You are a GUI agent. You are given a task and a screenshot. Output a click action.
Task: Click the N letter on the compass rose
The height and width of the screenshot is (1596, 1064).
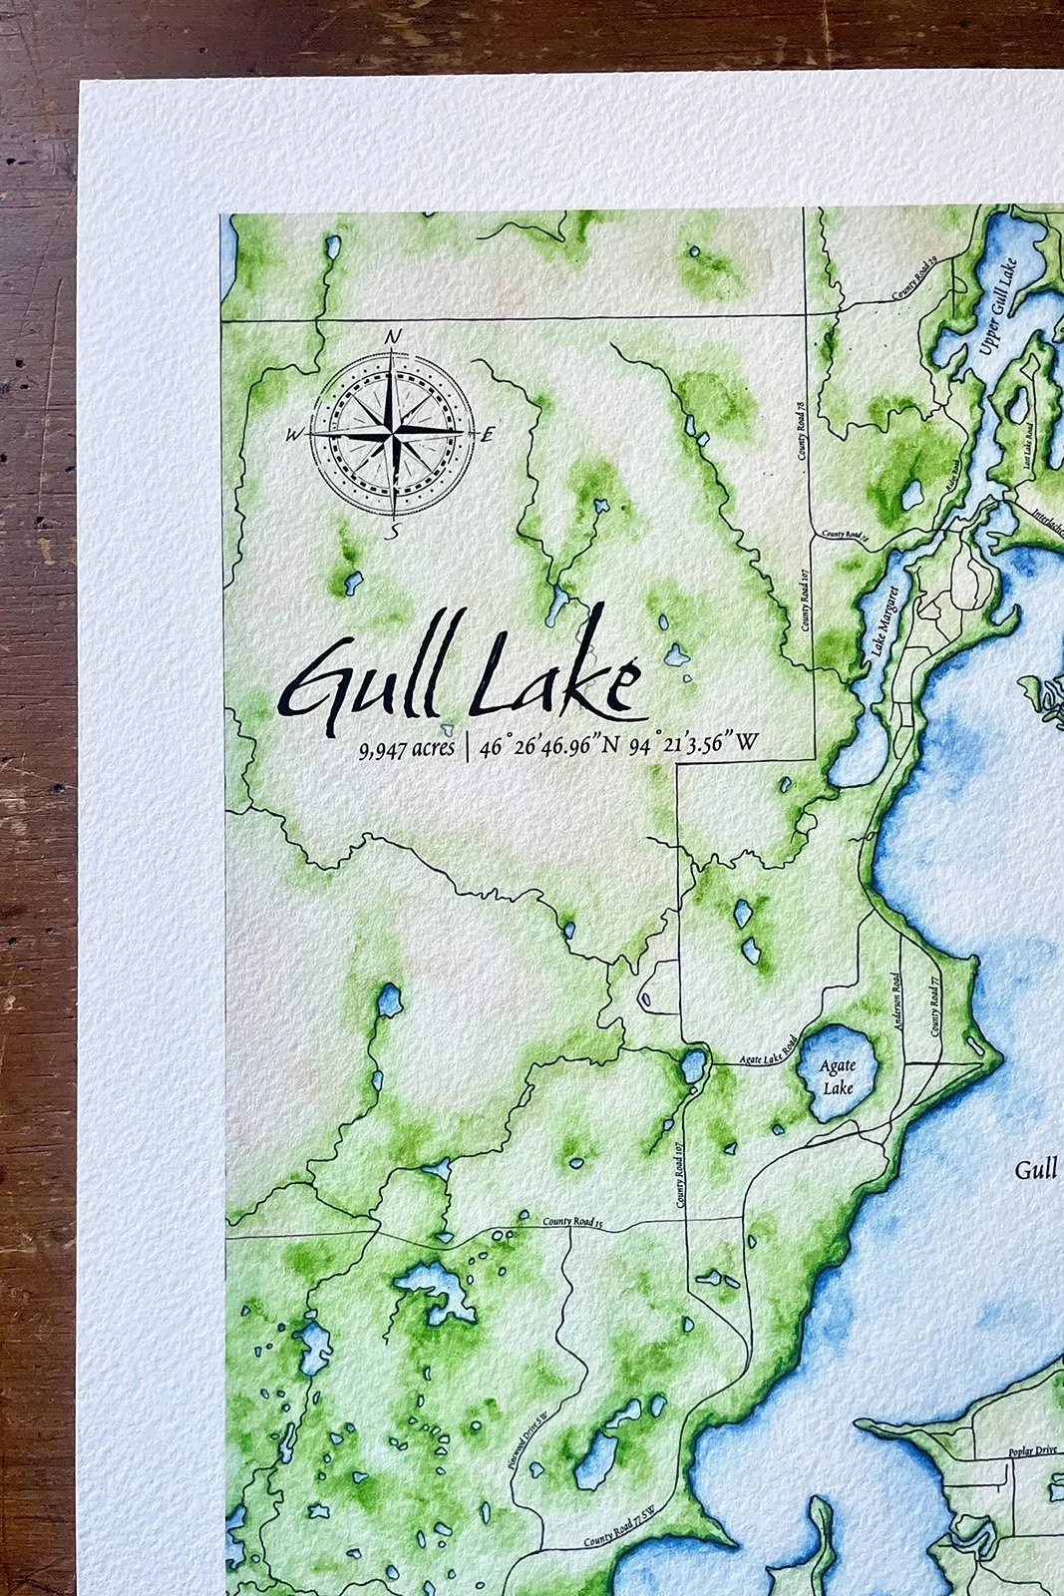[393, 336]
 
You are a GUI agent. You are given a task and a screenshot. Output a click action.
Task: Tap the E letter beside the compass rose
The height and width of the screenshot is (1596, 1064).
[488, 435]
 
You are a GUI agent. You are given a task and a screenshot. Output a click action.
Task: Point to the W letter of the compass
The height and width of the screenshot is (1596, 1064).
[294, 434]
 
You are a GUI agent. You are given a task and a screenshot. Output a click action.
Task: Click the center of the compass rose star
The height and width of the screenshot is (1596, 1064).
[392, 433]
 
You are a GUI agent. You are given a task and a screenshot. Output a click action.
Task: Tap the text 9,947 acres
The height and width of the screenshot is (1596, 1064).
[407, 747]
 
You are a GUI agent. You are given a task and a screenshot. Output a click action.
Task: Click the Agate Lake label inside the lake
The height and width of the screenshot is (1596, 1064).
[838, 1076]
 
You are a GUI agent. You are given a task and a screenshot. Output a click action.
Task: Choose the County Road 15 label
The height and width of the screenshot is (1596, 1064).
[573, 1222]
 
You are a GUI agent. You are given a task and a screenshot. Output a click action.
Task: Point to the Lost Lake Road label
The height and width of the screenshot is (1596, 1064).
[1028, 450]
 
